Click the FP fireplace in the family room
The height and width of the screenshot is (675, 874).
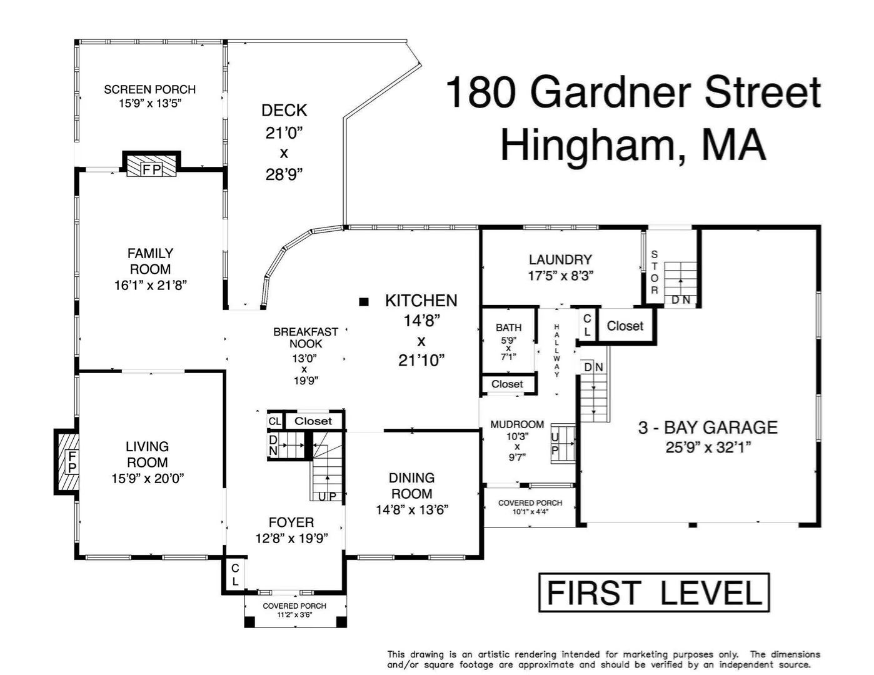click(151, 163)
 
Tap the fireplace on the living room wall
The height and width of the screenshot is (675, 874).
click(66, 461)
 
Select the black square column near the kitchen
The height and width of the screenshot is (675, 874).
click(364, 302)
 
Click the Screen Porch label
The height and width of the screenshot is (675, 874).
click(150, 89)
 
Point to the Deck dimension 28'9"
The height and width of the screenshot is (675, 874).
click(284, 174)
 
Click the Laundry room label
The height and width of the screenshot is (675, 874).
click(560, 260)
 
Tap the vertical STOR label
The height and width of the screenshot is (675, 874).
click(655, 272)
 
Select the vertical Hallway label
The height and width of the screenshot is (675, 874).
click(556, 351)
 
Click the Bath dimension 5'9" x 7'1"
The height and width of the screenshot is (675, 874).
click(508, 348)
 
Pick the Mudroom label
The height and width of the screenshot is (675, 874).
click(517, 424)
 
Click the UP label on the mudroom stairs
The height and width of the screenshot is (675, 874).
click(555, 444)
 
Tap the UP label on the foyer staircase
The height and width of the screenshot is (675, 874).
click(327, 496)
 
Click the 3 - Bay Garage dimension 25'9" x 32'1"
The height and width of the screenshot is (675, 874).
click(708, 447)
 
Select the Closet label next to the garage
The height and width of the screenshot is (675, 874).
click(625, 326)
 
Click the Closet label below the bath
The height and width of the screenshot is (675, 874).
click(507, 384)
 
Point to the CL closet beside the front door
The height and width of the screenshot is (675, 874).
click(235, 574)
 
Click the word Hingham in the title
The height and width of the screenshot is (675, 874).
click(588, 145)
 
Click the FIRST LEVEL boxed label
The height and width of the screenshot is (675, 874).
click(654, 592)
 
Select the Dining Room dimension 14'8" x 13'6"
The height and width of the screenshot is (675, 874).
click(412, 510)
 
